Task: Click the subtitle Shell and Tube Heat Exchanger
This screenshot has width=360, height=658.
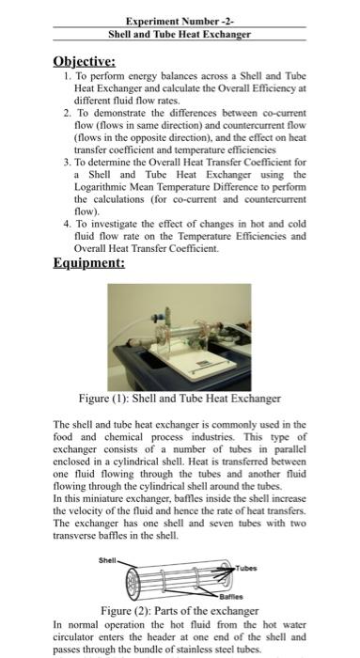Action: coord(180,33)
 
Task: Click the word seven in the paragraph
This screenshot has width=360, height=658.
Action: coord(226,523)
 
